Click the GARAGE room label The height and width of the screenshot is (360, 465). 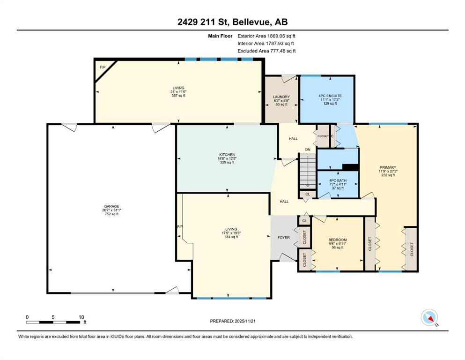coord(111,206)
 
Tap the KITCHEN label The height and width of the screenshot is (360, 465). coord(227,155)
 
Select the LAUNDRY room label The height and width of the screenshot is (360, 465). coord(281,97)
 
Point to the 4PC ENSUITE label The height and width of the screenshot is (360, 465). coord(330,96)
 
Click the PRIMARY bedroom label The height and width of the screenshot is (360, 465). coord(388,167)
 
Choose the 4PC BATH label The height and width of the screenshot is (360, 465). coord(338,180)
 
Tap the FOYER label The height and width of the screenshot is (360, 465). coord(283,238)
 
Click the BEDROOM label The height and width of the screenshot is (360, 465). coord(338,240)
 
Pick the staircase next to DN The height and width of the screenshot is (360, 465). coord(308,171)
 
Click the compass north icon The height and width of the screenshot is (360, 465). coord(429,317)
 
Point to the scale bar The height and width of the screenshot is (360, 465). coord(53,322)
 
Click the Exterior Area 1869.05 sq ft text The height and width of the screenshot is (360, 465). coord(266,36)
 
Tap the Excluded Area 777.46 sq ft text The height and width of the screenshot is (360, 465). coord(266,51)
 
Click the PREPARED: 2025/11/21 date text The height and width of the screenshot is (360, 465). coord(232,321)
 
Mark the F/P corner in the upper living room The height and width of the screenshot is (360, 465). coord(103,67)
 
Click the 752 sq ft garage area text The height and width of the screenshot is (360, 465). coord(111,214)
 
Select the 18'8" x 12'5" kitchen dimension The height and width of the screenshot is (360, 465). coord(227,158)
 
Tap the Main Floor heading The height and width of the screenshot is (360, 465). coord(220,36)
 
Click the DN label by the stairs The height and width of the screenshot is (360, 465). coord(308,150)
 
